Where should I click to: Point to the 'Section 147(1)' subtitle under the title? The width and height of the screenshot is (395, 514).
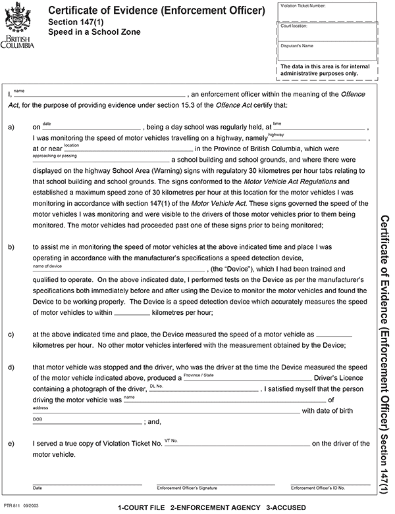(x=76, y=22)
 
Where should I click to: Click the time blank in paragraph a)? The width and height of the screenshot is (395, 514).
(x=319, y=128)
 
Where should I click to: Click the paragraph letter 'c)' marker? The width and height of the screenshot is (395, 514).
(x=11, y=334)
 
